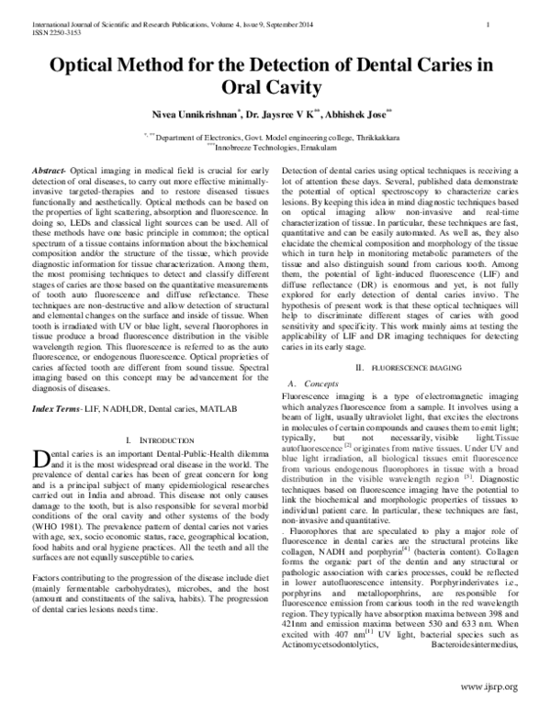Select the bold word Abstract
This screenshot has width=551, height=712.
(49, 172)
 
